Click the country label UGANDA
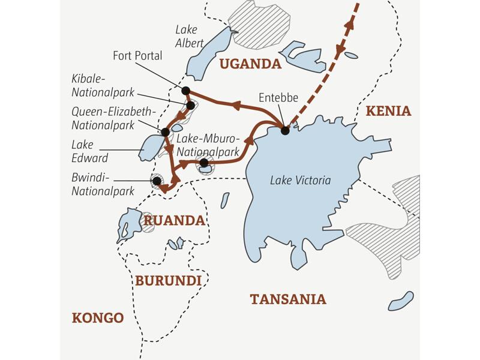[x=250, y=64]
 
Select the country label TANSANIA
[x=288, y=299]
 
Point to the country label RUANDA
[x=174, y=221]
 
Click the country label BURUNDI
[x=168, y=280]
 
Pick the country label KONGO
[x=97, y=317]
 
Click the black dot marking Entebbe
[x=285, y=130]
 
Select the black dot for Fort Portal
[x=186, y=91]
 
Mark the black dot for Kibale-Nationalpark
[x=191, y=106]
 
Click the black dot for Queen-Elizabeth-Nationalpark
[x=164, y=131]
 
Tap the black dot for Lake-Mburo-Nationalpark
[x=204, y=163]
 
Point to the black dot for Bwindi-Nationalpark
[x=157, y=181]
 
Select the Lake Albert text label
[x=190, y=36]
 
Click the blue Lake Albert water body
[x=207, y=54]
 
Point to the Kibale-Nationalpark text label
[x=102, y=86]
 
